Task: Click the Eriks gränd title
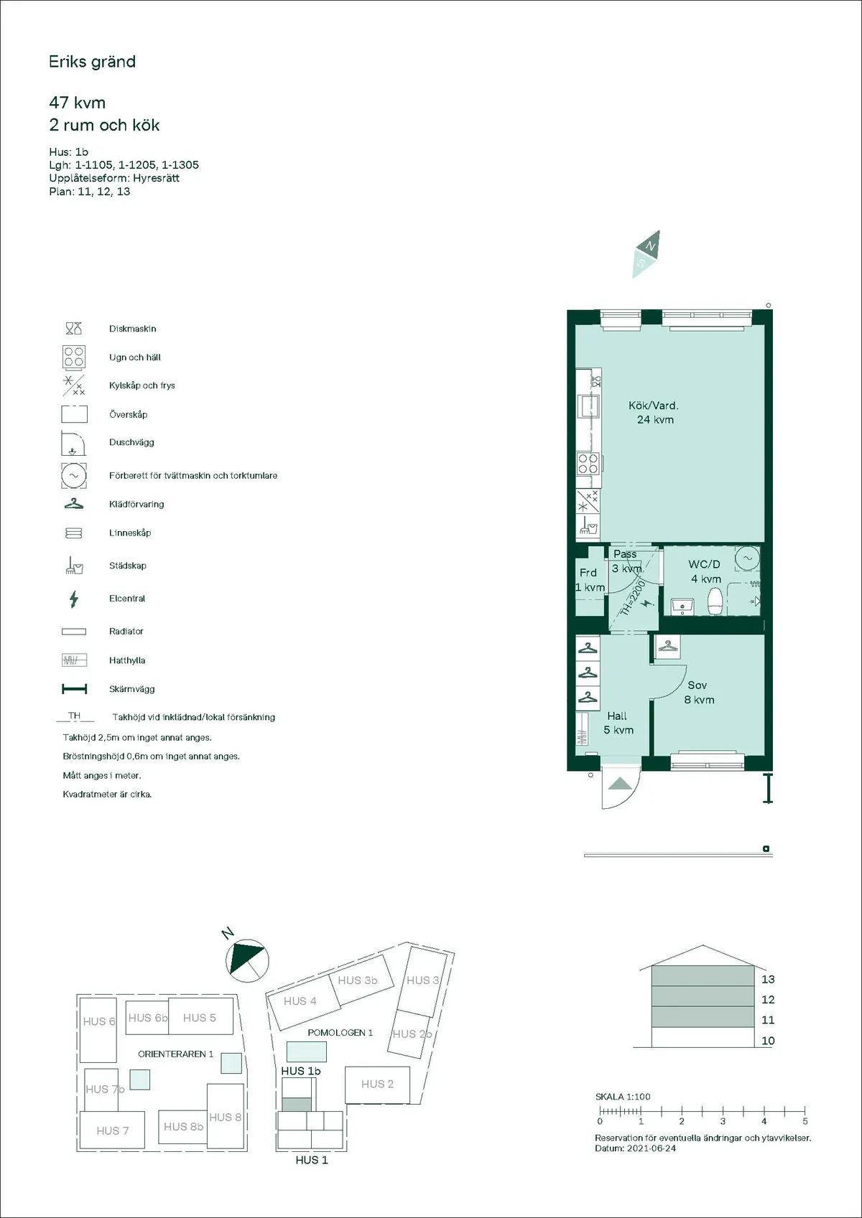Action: coord(92,62)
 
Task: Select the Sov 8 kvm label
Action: coord(698,693)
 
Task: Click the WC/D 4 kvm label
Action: coord(705,571)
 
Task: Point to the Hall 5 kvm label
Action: coord(618,723)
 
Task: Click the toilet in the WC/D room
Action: coord(715,602)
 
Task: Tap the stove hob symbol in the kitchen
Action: coord(588,464)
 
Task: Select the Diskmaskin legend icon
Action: coord(73,329)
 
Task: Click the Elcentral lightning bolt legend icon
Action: coord(73,599)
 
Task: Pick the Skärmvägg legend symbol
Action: coord(74,689)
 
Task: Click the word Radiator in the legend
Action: coord(126,632)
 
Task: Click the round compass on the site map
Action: coord(246,960)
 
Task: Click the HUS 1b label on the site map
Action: coord(300,1071)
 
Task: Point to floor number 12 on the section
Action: coord(768,1000)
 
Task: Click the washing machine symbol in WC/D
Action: coord(747,558)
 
